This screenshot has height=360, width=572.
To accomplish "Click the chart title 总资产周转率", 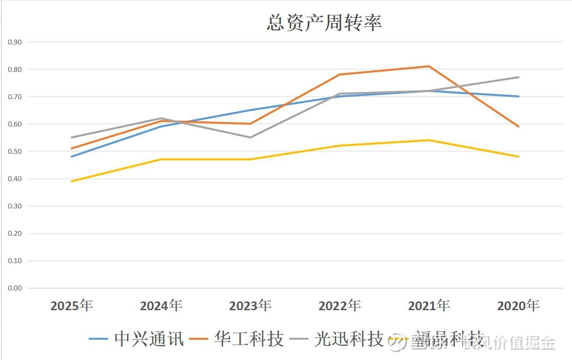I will point(324,23).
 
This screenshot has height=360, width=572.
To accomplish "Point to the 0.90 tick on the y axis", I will point(15,42).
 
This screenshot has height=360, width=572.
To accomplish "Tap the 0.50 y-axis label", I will point(15,151).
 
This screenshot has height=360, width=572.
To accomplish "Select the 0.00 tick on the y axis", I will point(15,288).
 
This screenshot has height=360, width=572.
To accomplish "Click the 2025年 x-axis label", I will point(71,305).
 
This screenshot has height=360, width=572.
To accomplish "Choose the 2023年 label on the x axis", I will point(250,305).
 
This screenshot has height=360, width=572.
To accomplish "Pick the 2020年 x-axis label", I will point(518,305).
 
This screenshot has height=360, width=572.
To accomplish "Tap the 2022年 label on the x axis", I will point(340,305).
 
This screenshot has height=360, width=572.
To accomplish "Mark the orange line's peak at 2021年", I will point(429,66).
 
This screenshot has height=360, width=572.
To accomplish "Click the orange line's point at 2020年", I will point(519,126).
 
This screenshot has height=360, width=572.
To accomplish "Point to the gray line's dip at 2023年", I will point(250,137).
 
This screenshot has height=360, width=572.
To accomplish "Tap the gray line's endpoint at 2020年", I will point(519,77).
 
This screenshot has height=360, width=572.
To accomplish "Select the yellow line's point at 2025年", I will point(71,181).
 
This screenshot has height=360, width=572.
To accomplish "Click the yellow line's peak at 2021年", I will point(429,140).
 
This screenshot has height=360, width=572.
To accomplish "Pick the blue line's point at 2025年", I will point(71,156).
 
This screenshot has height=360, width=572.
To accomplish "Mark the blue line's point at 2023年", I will point(250,110).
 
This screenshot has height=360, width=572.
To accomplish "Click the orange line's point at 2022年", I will point(340,74).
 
